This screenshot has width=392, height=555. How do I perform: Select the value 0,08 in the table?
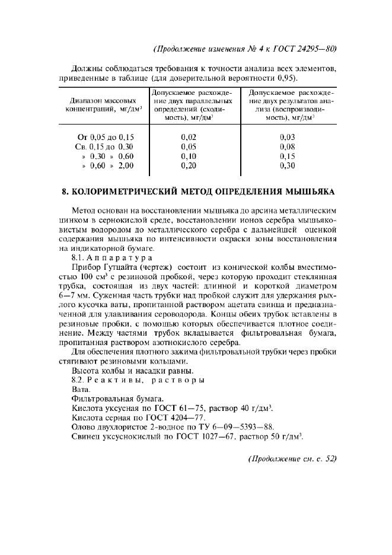tap(287, 146)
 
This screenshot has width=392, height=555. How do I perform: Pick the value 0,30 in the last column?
tap(287, 166)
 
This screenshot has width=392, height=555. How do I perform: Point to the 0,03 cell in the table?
tap(287, 137)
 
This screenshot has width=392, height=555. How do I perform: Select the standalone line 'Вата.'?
tap(81, 389)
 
